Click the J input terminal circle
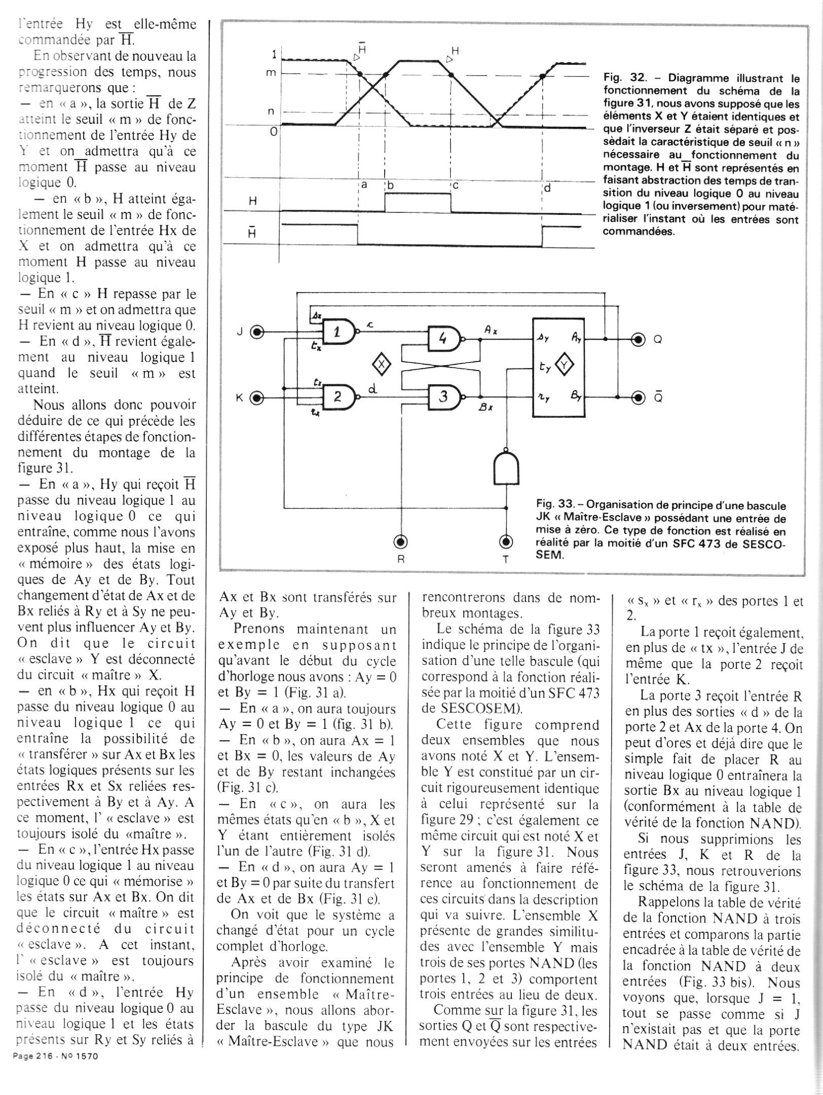pos(258,333)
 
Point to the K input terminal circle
pos(258,398)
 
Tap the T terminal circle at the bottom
pos(506,542)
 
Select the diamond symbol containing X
pos(383,364)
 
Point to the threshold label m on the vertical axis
pos(272,72)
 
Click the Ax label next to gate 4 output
pos(490,330)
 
